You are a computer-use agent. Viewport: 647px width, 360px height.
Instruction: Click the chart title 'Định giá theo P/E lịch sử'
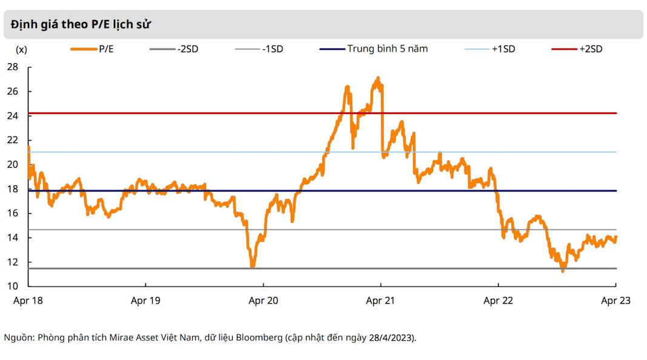81,25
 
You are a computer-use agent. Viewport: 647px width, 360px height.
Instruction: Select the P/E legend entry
92,49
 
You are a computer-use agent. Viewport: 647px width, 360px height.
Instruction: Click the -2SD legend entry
174,49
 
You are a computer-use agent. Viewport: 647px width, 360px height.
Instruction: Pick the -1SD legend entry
259,49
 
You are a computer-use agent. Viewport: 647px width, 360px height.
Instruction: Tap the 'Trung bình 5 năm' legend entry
373,48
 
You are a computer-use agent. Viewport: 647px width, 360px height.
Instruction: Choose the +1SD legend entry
489,49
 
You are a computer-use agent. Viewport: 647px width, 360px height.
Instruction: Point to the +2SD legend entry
577,49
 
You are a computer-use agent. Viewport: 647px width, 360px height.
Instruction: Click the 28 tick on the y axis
13,67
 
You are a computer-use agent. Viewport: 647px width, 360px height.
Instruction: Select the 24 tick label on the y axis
13,116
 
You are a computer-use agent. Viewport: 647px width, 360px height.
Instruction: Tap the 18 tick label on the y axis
13,189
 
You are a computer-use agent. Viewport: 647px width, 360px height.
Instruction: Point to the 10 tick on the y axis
13,286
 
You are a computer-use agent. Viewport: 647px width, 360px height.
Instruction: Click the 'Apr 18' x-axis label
28,301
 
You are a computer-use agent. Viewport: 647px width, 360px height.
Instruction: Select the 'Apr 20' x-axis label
264,301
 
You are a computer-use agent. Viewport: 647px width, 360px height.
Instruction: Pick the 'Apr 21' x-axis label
380,301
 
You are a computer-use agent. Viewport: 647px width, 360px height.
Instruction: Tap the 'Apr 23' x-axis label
615,301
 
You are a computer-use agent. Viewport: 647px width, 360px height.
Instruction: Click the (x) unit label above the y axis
21,50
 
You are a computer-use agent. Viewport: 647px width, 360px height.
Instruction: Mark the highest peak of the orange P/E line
378,77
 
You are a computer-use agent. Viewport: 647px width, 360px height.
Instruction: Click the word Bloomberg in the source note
259,338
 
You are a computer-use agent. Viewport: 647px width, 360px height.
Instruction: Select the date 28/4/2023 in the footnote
391,338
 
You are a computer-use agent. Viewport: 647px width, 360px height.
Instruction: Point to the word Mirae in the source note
120,338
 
